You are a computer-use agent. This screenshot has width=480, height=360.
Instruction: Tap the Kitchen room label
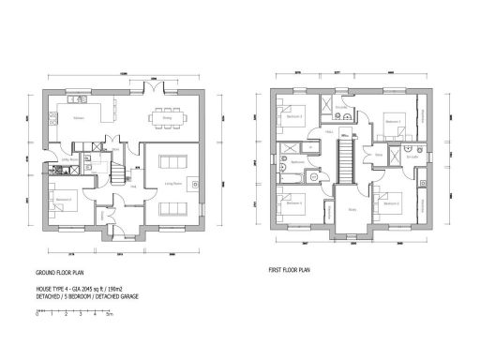click(x=80, y=118)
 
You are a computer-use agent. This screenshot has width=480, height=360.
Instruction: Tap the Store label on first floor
click(x=379, y=171)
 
